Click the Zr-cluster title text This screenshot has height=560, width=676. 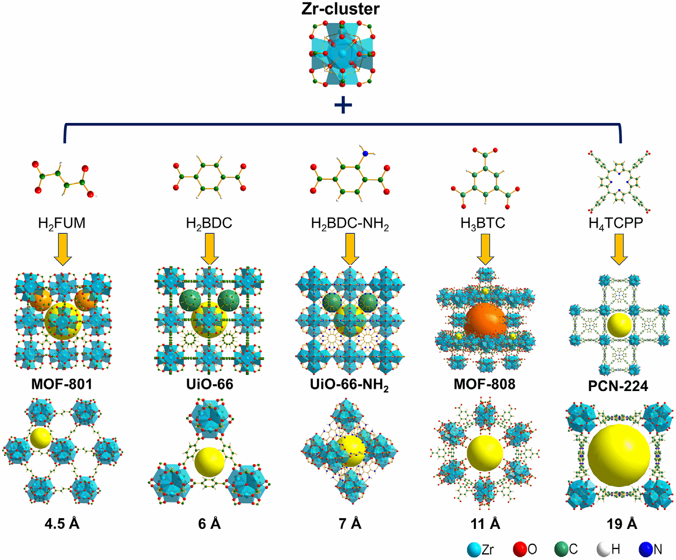click(340, 9)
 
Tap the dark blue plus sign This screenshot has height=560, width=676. click(343, 105)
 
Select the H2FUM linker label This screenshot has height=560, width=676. click(62, 223)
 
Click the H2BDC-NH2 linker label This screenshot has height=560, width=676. click(350, 223)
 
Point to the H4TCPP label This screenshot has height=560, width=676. click(616, 223)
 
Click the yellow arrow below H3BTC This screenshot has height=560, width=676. click(485, 249)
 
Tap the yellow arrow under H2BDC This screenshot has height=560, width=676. click(209, 249)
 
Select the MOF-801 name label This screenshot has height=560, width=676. click(62, 384)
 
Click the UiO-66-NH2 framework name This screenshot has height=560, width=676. click(349, 385)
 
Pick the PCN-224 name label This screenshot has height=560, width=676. click(618, 386)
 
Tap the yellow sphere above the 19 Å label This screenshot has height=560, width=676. click(619, 455)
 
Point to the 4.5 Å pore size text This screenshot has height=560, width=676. click(62, 524)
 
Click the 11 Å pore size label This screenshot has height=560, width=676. click(485, 524)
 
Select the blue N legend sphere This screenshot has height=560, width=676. click(646, 549)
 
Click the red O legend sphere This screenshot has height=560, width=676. click(520, 549)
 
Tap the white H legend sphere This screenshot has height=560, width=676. click(603, 549)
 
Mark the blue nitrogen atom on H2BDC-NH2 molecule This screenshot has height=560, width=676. click(365, 154)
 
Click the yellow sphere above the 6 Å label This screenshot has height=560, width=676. click(210, 462)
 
